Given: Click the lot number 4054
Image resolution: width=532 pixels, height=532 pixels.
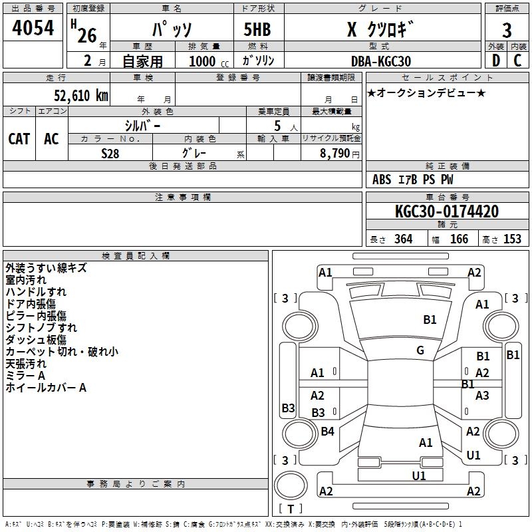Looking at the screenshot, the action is (33, 29).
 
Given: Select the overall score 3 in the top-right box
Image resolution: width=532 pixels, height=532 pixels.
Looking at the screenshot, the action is (507, 30).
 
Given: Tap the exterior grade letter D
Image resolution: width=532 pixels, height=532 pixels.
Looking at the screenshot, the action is (495, 61).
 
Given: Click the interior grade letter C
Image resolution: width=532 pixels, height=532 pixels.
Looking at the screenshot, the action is (517, 61).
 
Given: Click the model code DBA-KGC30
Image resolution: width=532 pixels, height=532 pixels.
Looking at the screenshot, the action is (381, 61).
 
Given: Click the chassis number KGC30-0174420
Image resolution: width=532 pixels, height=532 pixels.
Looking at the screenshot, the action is (446, 211).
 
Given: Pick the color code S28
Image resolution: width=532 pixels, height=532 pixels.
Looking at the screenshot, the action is (110, 153).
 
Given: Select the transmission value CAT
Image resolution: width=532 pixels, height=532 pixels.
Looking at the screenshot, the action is (19, 138).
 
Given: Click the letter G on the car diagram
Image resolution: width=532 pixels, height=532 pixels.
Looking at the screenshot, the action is (420, 350).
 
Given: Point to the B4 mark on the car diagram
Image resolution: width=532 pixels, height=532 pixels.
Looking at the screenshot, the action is (327, 432).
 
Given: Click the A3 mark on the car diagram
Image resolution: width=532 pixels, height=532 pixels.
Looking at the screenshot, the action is (482, 395).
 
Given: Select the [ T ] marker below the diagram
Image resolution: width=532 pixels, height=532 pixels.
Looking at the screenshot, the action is (290, 509).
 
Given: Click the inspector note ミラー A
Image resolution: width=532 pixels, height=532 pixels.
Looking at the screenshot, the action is (25, 376).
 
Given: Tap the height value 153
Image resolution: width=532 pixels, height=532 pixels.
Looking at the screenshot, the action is (512, 239).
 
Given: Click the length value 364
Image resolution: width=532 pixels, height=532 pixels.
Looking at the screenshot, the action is (403, 239).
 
